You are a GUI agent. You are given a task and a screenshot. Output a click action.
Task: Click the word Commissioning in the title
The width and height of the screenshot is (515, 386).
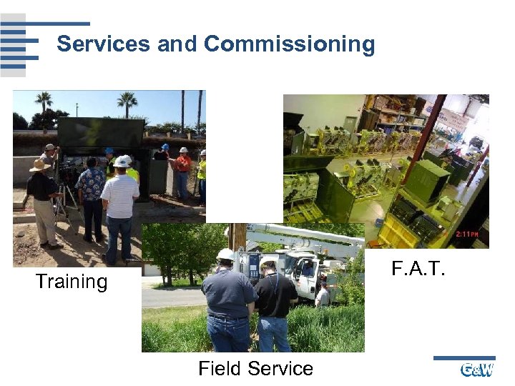coord(289,44)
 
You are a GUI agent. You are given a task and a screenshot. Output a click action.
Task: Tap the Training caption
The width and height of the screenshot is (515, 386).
coord(72,282)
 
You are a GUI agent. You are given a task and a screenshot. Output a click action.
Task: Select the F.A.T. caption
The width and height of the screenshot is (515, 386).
coord(418,269)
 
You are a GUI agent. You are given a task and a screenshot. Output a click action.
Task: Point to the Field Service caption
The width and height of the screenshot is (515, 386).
coord(255,369)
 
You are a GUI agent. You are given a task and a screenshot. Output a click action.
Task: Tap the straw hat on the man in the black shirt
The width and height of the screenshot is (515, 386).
coord(40,165)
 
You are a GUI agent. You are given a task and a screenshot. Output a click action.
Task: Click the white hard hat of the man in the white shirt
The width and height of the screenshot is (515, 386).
coord(122,162)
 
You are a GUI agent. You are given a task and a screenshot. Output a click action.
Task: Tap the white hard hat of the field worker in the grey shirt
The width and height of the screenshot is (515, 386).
coord(225,254)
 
